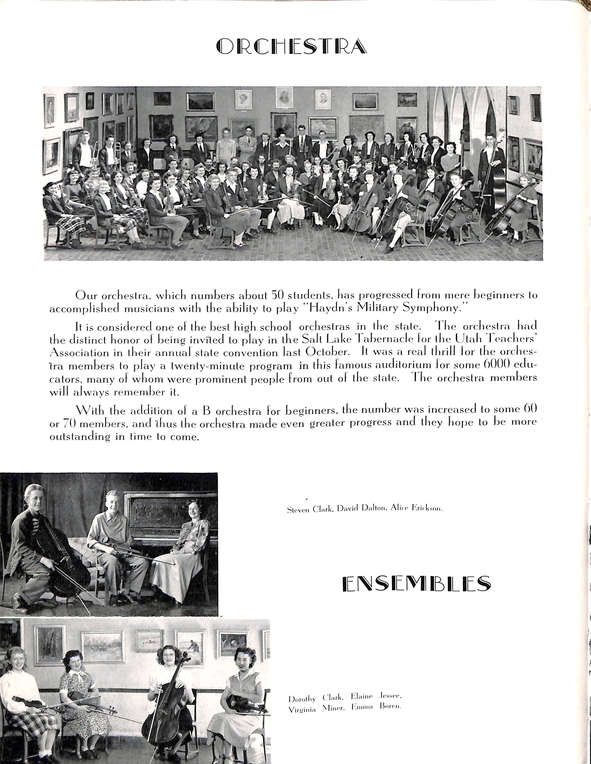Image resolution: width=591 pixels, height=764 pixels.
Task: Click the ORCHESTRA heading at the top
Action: click(292, 47)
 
